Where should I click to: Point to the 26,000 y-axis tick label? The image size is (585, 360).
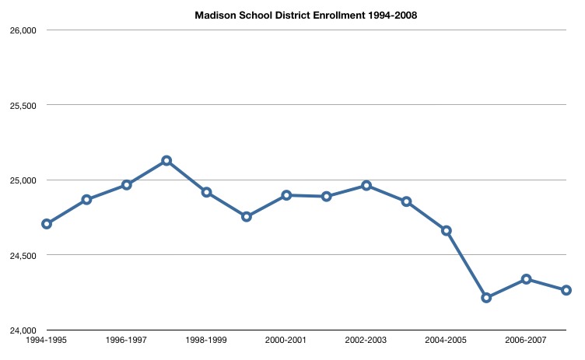(x=23, y=30)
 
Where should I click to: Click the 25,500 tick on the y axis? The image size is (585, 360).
(x=23, y=105)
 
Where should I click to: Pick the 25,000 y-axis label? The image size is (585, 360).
(x=23, y=180)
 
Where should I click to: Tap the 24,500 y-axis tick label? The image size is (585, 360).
(x=23, y=255)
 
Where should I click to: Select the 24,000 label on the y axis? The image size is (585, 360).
(x=23, y=330)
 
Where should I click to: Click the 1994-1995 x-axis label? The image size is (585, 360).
(x=46, y=341)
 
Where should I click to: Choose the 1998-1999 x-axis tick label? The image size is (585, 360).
(x=206, y=341)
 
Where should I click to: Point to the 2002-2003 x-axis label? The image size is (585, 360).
(x=366, y=341)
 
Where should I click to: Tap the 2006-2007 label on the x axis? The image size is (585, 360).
(x=526, y=341)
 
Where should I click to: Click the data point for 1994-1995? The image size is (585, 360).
(x=47, y=224)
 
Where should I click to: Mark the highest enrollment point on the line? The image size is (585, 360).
(x=166, y=161)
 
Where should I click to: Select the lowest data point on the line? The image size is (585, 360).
(x=486, y=298)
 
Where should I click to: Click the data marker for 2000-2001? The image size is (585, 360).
(x=286, y=195)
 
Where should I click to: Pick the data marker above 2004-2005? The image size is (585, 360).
(x=447, y=230)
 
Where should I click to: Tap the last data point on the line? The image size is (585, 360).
(x=566, y=290)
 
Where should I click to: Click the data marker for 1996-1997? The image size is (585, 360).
(x=127, y=185)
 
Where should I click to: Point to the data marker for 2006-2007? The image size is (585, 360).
(x=527, y=279)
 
